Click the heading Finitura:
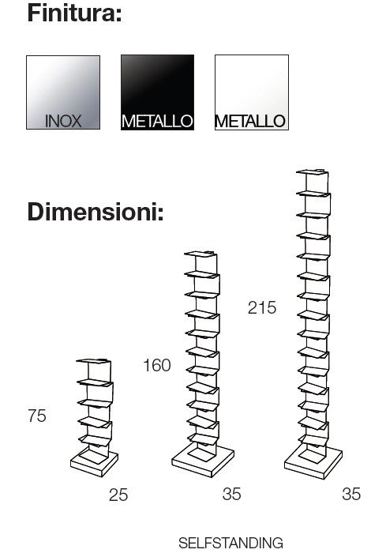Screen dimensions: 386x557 [x=74, y=13]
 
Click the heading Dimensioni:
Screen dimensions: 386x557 [x=96, y=212]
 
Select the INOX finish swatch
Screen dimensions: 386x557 [x=63, y=92]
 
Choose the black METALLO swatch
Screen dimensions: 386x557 [x=157, y=92]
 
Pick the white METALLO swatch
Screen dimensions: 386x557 [x=252, y=92]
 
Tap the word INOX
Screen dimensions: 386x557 [x=63, y=121]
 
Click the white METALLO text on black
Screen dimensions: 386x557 [x=157, y=122]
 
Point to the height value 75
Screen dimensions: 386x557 [x=37, y=416]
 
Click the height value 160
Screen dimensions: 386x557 [x=157, y=366]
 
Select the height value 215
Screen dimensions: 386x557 [x=262, y=307]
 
